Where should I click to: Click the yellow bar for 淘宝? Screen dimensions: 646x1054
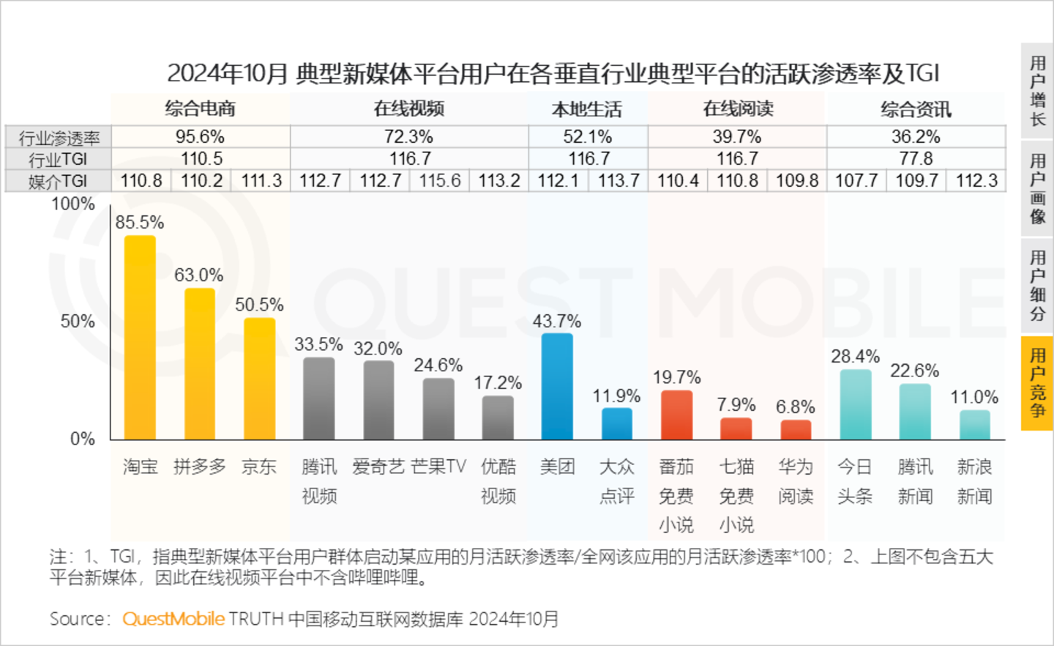click(x=140, y=338)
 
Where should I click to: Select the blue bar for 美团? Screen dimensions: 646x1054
click(x=557, y=387)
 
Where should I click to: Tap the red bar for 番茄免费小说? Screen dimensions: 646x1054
click(x=676, y=415)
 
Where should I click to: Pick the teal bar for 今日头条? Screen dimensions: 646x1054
click(x=855, y=405)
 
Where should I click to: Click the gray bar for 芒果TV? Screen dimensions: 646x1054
click(x=438, y=409)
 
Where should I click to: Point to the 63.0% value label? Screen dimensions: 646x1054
click(x=198, y=275)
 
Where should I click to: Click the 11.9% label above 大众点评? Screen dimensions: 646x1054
click(x=616, y=396)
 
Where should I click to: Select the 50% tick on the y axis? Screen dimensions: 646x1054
click(x=78, y=322)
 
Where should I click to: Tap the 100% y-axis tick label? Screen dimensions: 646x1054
click(x=73, y=204)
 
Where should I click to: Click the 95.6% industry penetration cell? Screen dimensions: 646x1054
click(x=200, y=137)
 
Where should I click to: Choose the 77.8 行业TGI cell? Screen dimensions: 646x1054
click(x=916, y=159)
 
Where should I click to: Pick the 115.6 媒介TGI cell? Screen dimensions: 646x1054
click(x=439, y=181)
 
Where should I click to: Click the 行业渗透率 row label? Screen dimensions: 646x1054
click(x=59, y=138)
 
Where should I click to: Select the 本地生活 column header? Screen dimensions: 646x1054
click(x=587, y=110)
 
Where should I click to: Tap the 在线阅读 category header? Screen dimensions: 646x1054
click(x=738, y=109)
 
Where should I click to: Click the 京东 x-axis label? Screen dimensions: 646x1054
click(x=259, y=467)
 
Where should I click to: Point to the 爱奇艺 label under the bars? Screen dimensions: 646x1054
click(x=378, y=467)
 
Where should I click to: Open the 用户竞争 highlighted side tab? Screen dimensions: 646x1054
click(x=1037, y=382)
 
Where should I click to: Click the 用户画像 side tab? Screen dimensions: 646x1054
click(x=1037, y=188)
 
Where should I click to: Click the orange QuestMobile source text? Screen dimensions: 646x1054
click(x=173, y=619)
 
